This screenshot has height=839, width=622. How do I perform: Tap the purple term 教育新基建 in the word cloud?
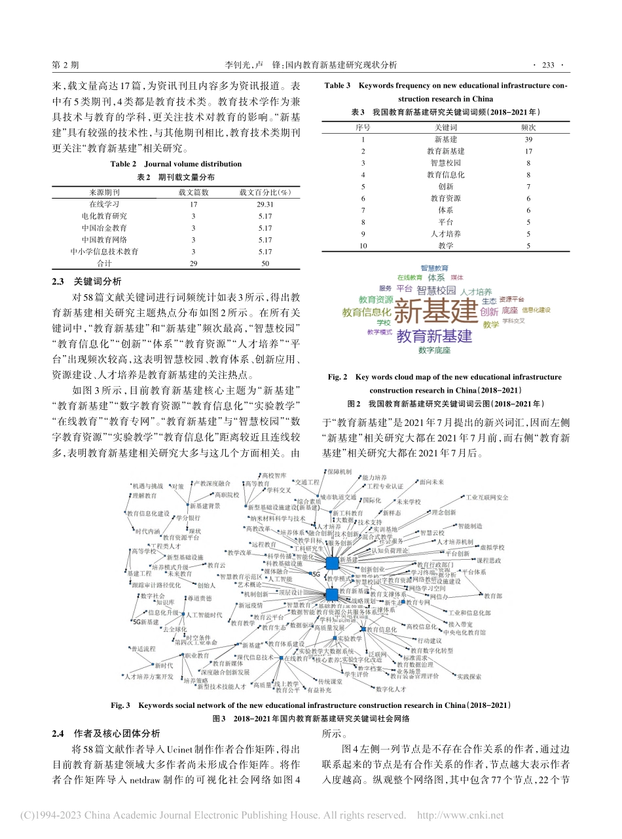coord(434,337)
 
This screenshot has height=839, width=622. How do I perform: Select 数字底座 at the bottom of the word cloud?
coord(434,351)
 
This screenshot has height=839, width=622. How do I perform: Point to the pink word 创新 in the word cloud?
coord(489,312)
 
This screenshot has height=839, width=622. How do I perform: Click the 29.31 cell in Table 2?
coord(265,204)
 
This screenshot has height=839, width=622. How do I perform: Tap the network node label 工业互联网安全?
coord(486,498)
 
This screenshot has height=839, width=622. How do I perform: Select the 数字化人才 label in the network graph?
coord(391,689)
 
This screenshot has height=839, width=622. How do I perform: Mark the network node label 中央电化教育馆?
coord(464,632)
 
